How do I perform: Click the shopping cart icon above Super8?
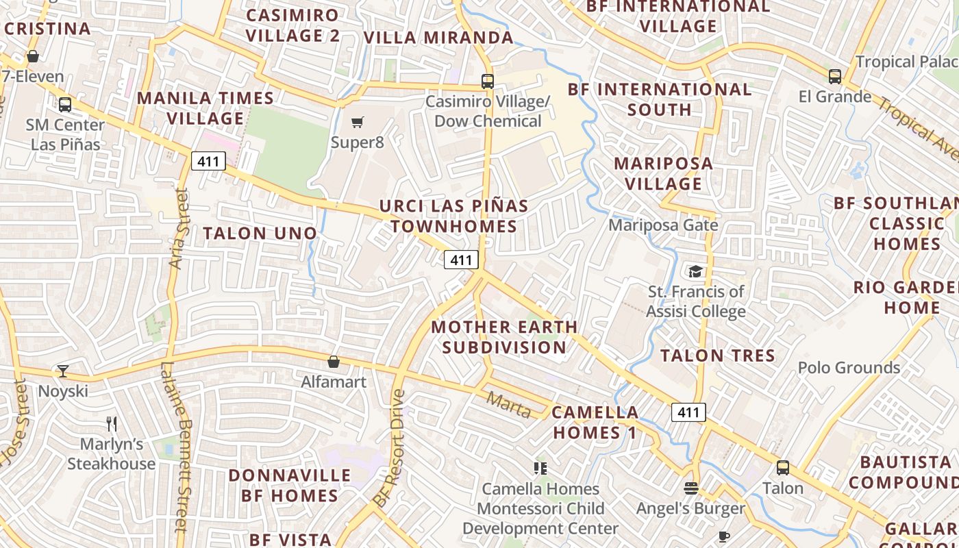pos(357,123)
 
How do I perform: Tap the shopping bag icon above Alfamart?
pos(334,362)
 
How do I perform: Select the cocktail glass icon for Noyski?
pos(63,371)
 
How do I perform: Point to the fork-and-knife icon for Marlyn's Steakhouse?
pos(112,424)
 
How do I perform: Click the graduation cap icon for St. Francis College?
pos(695,271)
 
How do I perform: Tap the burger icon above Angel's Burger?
pos(690,488)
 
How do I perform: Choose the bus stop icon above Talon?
pos(782,468)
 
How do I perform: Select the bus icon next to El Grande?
pos(834,76)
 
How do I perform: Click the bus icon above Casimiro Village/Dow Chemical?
pos(487,81)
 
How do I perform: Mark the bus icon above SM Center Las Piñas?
pos(65,105)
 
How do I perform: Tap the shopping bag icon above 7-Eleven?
pos(32,56)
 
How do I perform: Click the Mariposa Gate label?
pos(663,225)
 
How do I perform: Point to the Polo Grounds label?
pos(849,368)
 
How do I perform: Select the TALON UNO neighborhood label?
pos(260,233)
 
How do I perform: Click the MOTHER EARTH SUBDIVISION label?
pos(504,337)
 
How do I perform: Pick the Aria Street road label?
pos(177,229)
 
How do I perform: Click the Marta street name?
pos(508,405)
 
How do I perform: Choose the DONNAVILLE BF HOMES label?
pos(289,485)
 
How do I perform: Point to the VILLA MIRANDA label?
pos(438,38)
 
